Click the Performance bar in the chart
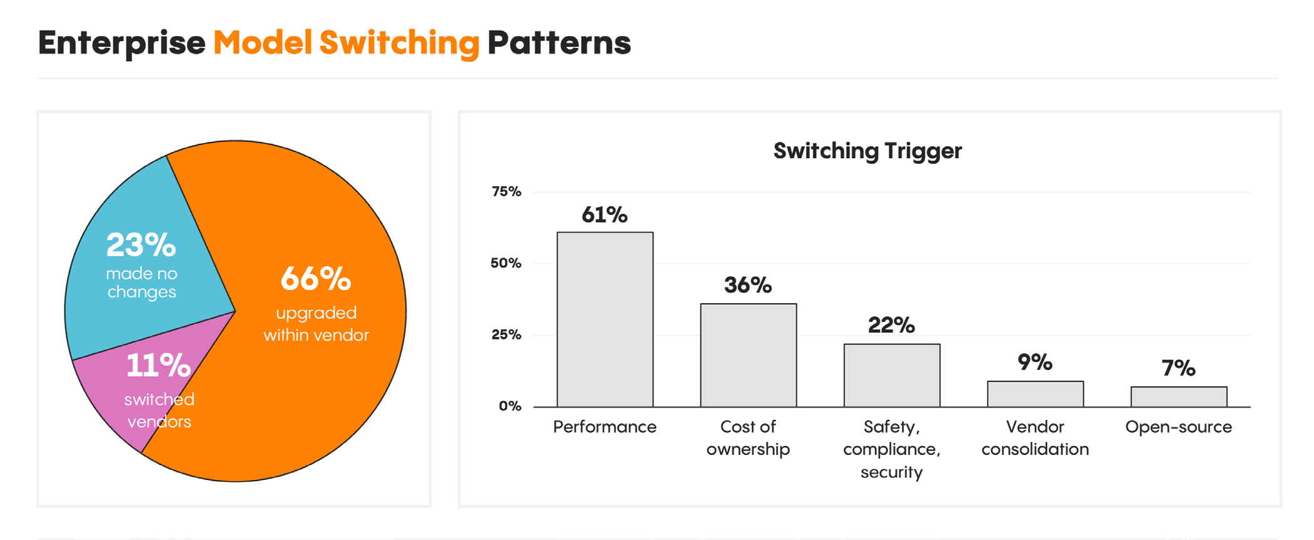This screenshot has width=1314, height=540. (x=605, y=319)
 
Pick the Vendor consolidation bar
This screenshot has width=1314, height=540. (x=1035, y=394)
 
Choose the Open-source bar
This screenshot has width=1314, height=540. (x=1178, y=397)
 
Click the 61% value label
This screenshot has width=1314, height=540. (x=604, y=215)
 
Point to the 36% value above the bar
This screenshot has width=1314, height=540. (x=748, y=286)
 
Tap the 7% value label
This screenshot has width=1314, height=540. (x=1178, y=368)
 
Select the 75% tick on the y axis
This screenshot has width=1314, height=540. (x=506, y=192)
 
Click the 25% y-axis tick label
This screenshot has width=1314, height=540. (x=506, y=335)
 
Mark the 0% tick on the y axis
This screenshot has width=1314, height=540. (x=510, y=406)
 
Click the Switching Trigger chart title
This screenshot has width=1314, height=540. (x=867, y=151)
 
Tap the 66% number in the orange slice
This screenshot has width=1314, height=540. (x=316, y=279)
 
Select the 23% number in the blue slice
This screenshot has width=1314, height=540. (x=141, y=245)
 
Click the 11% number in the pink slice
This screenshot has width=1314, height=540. (x=158, y=366)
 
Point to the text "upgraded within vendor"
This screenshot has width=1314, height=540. (x=316, y=324)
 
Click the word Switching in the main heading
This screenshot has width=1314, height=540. (x=399, y=43)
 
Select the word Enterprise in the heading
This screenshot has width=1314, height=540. (x=121, y=43)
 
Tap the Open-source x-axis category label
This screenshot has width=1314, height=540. (x=1178, y=427)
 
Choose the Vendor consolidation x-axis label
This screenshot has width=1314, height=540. (x=1035, y=437)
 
